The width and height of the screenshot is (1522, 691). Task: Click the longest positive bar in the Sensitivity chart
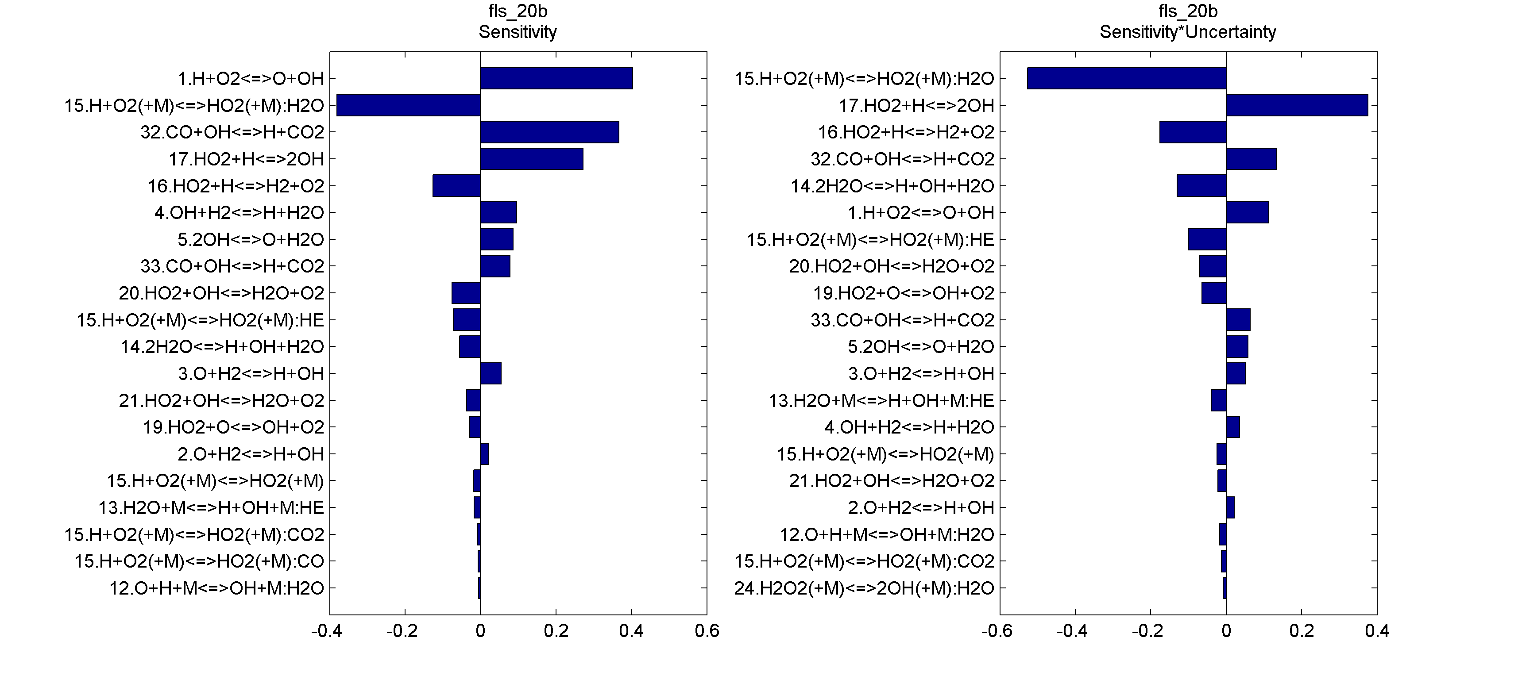[556, 79]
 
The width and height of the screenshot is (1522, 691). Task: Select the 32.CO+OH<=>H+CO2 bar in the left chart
[549, 132]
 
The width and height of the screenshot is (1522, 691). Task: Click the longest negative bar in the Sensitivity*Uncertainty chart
[1126, 79]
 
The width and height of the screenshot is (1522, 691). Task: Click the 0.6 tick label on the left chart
[707, 631]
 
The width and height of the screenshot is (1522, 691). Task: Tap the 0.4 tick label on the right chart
[1377, 631]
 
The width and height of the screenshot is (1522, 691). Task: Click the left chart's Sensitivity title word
[518, 32]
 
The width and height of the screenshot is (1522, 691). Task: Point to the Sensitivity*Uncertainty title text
[1188, 32]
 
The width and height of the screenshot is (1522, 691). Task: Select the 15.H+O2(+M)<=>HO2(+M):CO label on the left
[199, 561]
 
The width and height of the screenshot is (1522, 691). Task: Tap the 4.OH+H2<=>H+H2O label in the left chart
[240, 213]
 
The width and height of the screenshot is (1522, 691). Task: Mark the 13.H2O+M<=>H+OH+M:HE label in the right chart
[881, 400]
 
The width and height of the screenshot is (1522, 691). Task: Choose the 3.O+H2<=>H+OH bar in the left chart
[491, 373]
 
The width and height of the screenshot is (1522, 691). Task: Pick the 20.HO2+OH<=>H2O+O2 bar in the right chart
[1213, 266]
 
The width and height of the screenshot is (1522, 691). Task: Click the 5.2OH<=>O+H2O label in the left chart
[251, 240]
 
